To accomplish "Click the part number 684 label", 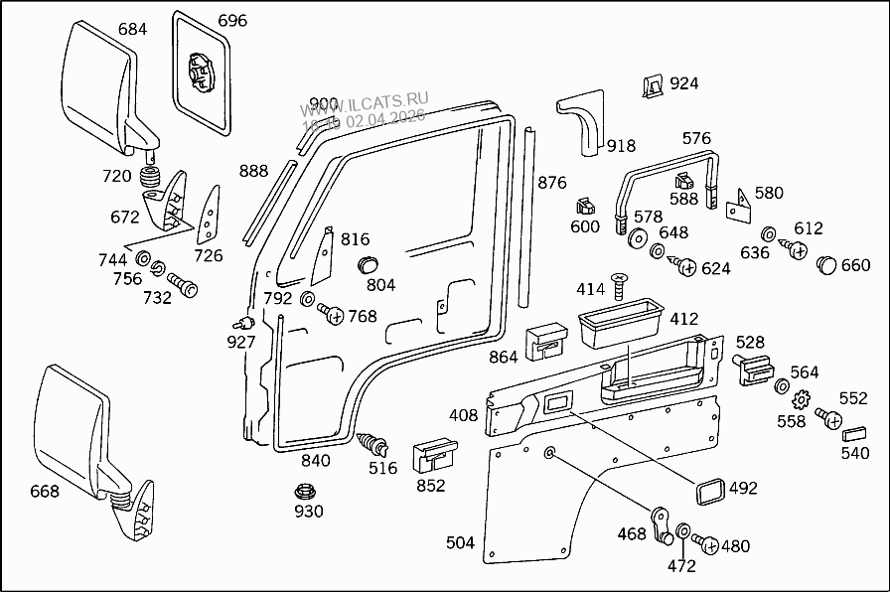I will (x=132, y=29).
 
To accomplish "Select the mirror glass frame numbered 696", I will (x=203, y=73).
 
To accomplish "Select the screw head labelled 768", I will (x=331, y=316).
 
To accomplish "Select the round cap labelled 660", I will (x=826, y=266).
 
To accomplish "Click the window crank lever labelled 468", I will (x=660, y=525).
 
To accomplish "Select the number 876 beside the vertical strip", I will (x=552, y=183).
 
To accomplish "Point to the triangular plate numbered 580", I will (x=738, y=206).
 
